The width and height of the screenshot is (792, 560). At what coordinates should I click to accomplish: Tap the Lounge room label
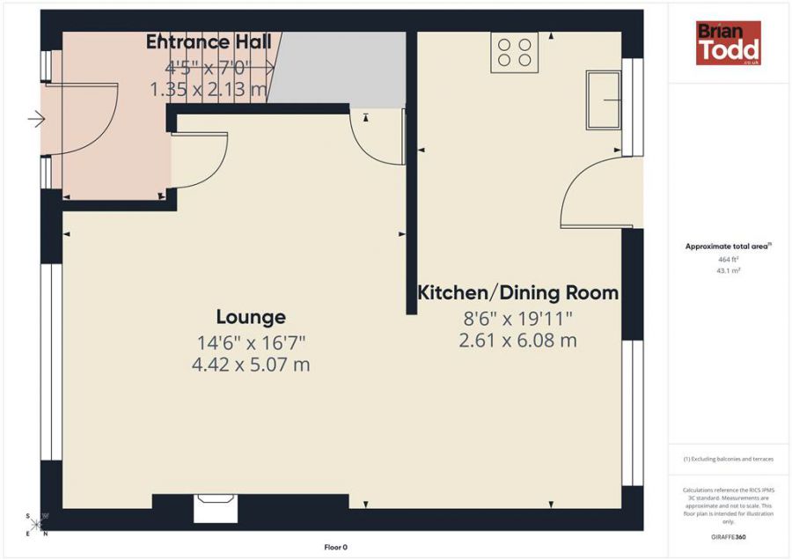coord(251,317)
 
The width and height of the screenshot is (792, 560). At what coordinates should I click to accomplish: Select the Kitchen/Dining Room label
coord(517,292)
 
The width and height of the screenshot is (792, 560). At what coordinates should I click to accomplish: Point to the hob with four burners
coord(515,50)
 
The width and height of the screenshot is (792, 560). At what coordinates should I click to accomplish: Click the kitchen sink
coord(604,98)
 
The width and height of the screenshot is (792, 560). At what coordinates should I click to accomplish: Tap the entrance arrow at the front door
coord(36,119)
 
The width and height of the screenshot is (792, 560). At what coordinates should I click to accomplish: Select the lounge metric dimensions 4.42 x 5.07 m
coord(251,364)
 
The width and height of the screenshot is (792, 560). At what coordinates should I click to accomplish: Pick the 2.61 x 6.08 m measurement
coord(517,340)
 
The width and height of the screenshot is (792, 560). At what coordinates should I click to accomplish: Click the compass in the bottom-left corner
coord(38,524)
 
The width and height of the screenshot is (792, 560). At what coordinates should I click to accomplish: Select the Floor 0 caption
coord(335,548)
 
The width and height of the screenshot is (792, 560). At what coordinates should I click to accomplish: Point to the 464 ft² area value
coord(727,260)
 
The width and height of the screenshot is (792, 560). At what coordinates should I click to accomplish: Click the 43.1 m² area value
coord(727,271)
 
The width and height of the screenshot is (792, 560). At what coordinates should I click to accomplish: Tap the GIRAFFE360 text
coord(727,536)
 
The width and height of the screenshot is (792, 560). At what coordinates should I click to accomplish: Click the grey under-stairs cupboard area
coord(339,69)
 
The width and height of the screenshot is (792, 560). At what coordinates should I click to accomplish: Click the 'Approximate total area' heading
coord(727,247)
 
